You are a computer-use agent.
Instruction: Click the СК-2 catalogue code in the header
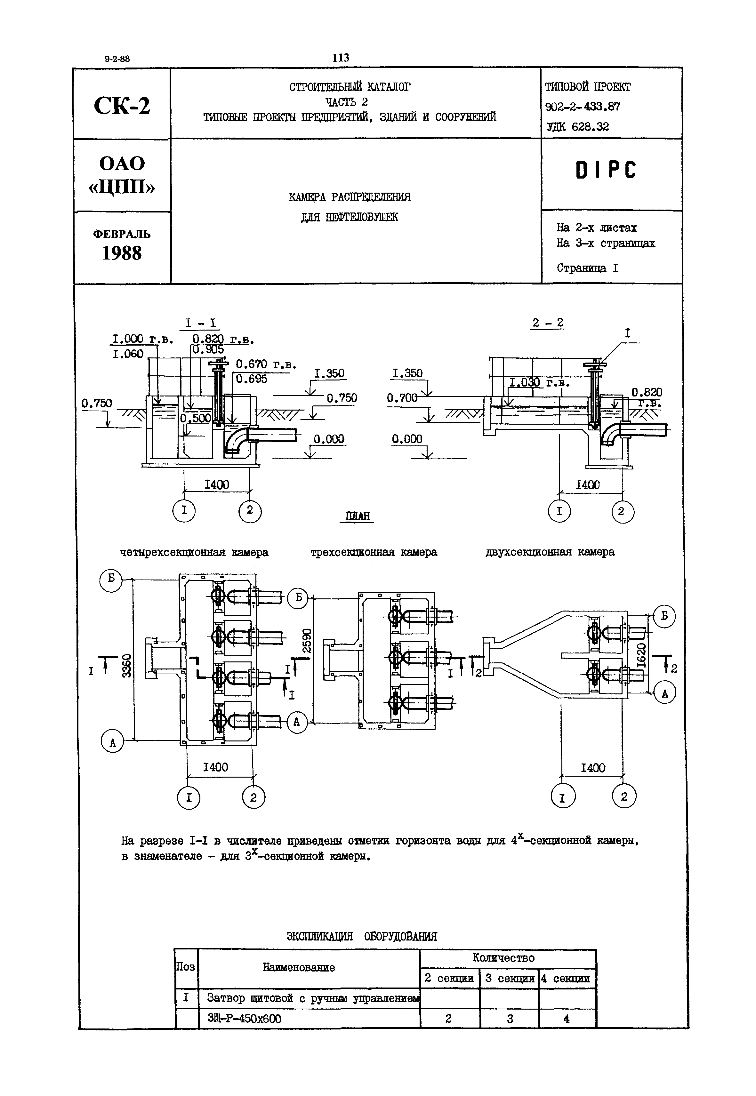(122, 106)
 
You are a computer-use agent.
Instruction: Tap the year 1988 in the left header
(122, 254)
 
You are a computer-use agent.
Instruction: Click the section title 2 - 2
(548, 323)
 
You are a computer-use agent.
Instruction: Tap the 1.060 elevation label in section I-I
(128, 354)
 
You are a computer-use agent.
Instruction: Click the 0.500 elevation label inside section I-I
(195, 418)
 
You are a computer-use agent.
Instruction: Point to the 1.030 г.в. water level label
(540, 383)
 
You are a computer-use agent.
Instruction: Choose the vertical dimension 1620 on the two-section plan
(641, 655)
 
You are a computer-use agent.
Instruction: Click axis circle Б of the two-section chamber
(664, 616)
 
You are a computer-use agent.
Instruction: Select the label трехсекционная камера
(374, 552)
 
